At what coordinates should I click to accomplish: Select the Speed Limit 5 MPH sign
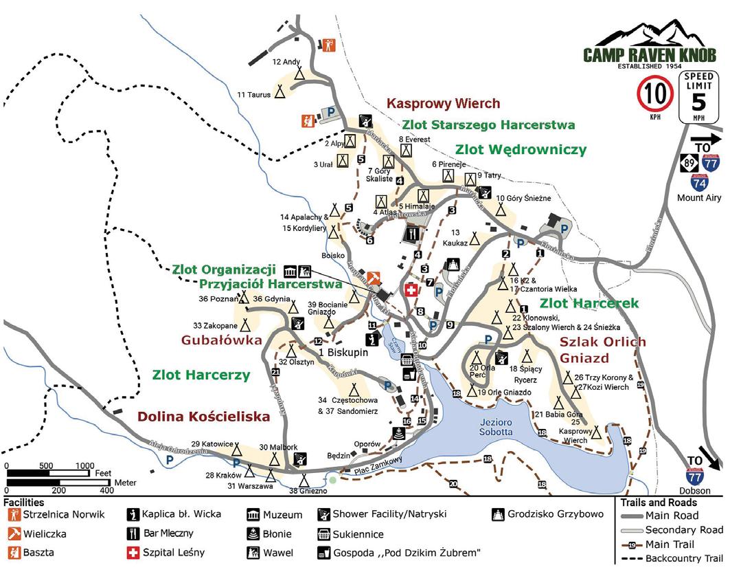pyautogui.click(x=700, y=98)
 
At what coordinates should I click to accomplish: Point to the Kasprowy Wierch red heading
pyautogui.click(x=443, y=104)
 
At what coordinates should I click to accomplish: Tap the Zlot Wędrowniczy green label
pyautogui.click(x=520, y=149)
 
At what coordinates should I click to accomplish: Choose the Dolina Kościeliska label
pyautogui.click(x=203, y=416)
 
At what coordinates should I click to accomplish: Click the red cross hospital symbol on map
pyautogui.click(x=412, y=291)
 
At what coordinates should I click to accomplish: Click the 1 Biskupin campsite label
pyautogui.click(x=343, y=353)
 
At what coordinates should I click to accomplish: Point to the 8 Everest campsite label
pyautogui.click(x=413, y=140)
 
